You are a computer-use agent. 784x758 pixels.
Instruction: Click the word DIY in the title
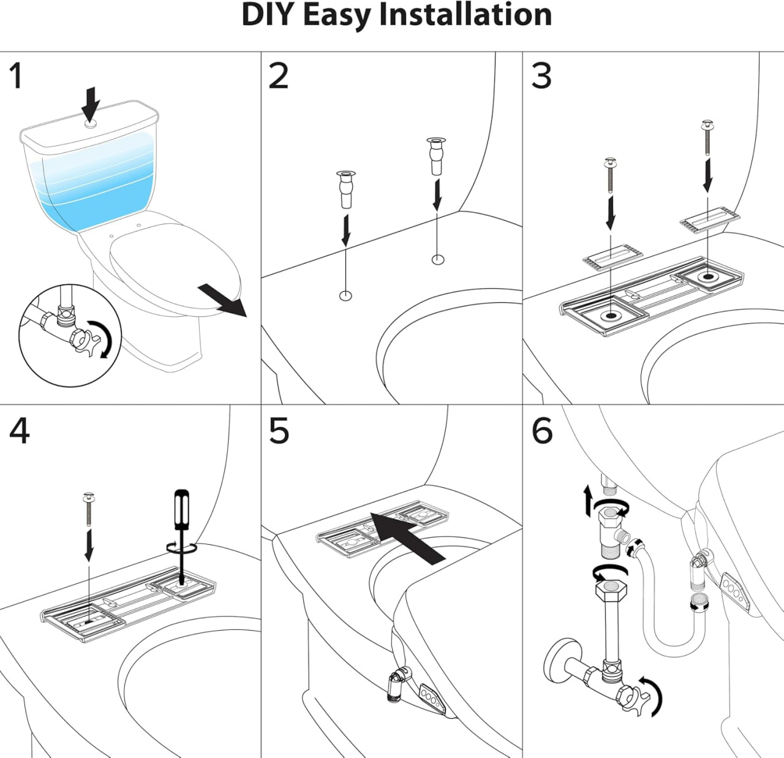(x=268, y=15)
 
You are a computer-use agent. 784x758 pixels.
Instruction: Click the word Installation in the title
(x=466, y=15)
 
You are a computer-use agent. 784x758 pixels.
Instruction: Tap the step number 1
(x=16, y=77)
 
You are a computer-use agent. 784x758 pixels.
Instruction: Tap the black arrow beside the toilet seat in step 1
(x=223, y=301)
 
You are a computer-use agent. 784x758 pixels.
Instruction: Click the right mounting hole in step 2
(x=437, y=259)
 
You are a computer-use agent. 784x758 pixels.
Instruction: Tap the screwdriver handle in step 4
(x=181, y=508)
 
